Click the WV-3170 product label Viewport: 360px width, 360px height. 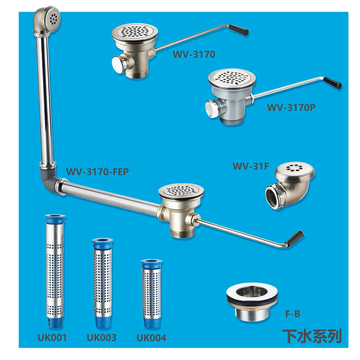194,55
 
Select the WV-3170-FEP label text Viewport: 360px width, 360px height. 97,172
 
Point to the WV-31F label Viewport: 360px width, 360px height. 251,166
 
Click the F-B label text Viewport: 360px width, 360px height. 293,314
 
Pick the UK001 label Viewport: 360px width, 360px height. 52,338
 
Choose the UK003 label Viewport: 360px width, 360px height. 102,338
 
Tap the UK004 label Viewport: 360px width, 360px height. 151,338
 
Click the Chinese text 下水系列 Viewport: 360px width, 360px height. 312,337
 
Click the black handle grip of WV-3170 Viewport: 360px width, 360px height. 239,30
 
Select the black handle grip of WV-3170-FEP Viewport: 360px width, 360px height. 295,239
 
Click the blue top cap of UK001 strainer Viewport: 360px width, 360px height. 55,218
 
